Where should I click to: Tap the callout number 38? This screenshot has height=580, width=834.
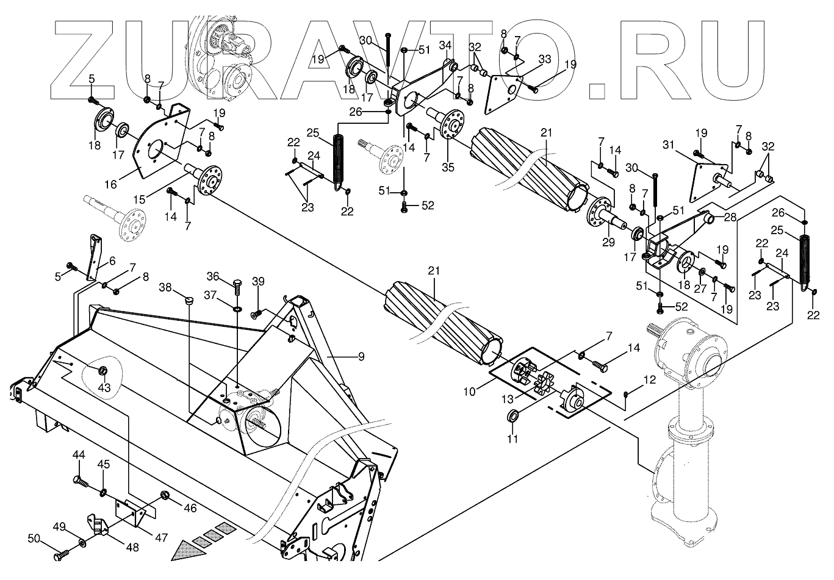(166, 287)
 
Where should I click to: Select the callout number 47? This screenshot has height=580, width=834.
(161, 538)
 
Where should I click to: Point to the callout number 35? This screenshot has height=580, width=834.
(448, 167)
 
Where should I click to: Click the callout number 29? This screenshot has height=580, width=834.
(608, 243)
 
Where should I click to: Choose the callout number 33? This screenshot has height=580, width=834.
(545, 59)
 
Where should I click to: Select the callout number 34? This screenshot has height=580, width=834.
(445, 46)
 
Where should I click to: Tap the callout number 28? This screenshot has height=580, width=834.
(730, 218)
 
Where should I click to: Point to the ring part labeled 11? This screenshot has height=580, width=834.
(514, 417)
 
